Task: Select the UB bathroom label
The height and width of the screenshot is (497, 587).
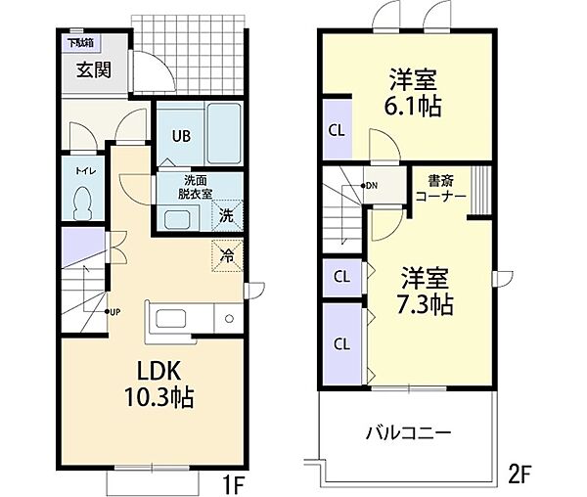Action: click(x=182, y=137)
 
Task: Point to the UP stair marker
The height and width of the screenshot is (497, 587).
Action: click(x=113, y=312)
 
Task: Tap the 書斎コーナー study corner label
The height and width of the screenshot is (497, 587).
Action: click(x=438, y=188)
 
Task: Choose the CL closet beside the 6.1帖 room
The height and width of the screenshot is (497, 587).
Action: click(x=336, y=130)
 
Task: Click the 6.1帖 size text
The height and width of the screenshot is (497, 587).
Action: click(x=412, y=106)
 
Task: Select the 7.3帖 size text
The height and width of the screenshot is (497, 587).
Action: click(x=424, y=304)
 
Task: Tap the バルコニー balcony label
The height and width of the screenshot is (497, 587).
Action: click(x=408, y=431)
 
